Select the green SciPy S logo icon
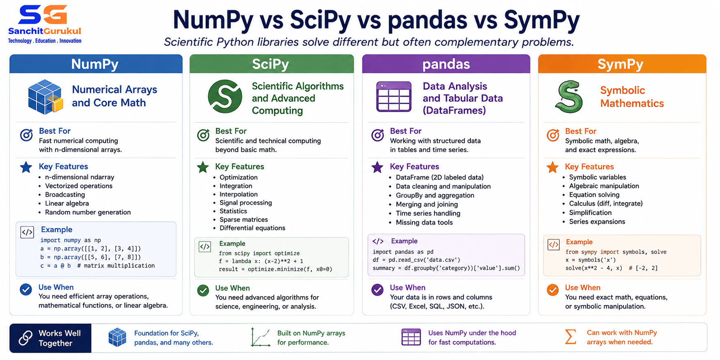point(225,97)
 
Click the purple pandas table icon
point(394,97)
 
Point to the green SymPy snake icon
point(569,97)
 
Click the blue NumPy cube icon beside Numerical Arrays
point(45,97)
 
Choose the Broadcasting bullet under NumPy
point(65,194)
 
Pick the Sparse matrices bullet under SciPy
point(244,220)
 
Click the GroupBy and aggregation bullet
point(435,195)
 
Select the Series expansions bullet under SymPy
point(597,222)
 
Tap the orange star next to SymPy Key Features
point(552,167)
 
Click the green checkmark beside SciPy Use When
point(203,290)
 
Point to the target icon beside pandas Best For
point(378,135)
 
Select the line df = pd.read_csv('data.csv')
point(416,260)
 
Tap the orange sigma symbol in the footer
point(571,337)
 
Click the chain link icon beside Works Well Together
point(25,338)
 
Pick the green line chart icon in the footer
point(261,337)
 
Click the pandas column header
point(446,64)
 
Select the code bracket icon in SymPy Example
point(554,244)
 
